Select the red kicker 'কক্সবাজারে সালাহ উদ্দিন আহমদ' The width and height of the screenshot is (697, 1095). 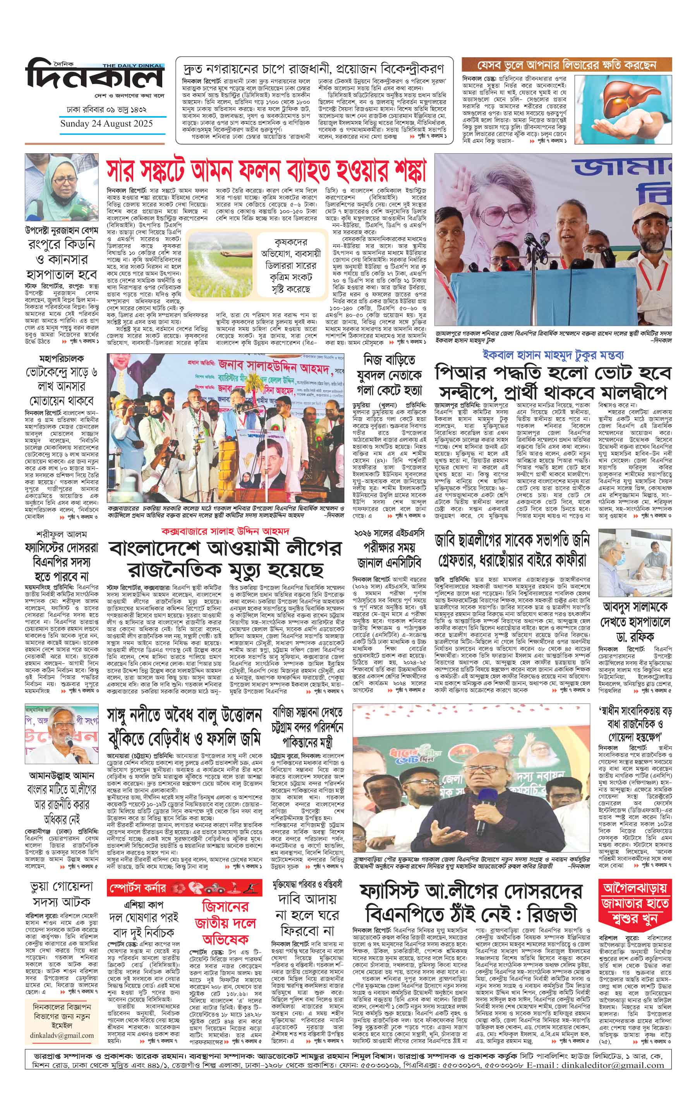pos(226,531)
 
